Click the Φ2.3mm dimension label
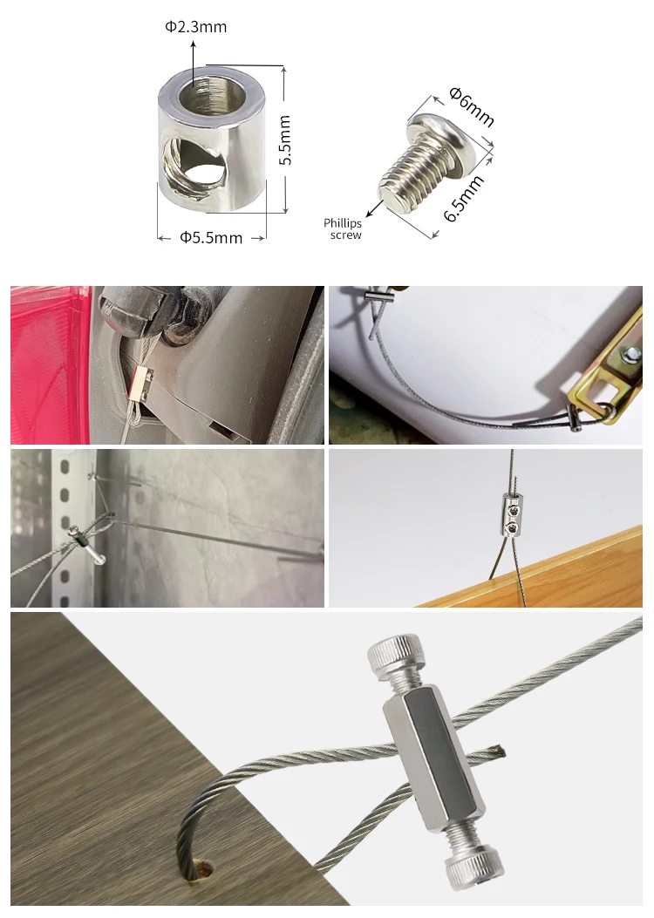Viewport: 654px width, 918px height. click(x=196, y=27)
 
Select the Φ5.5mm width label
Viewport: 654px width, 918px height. click(x=211, y=237)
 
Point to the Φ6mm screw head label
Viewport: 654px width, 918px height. click(x=472, y=106)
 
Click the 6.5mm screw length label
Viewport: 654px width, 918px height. click(x=463, y=199)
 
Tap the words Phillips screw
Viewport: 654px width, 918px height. click(x=343, y=229)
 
